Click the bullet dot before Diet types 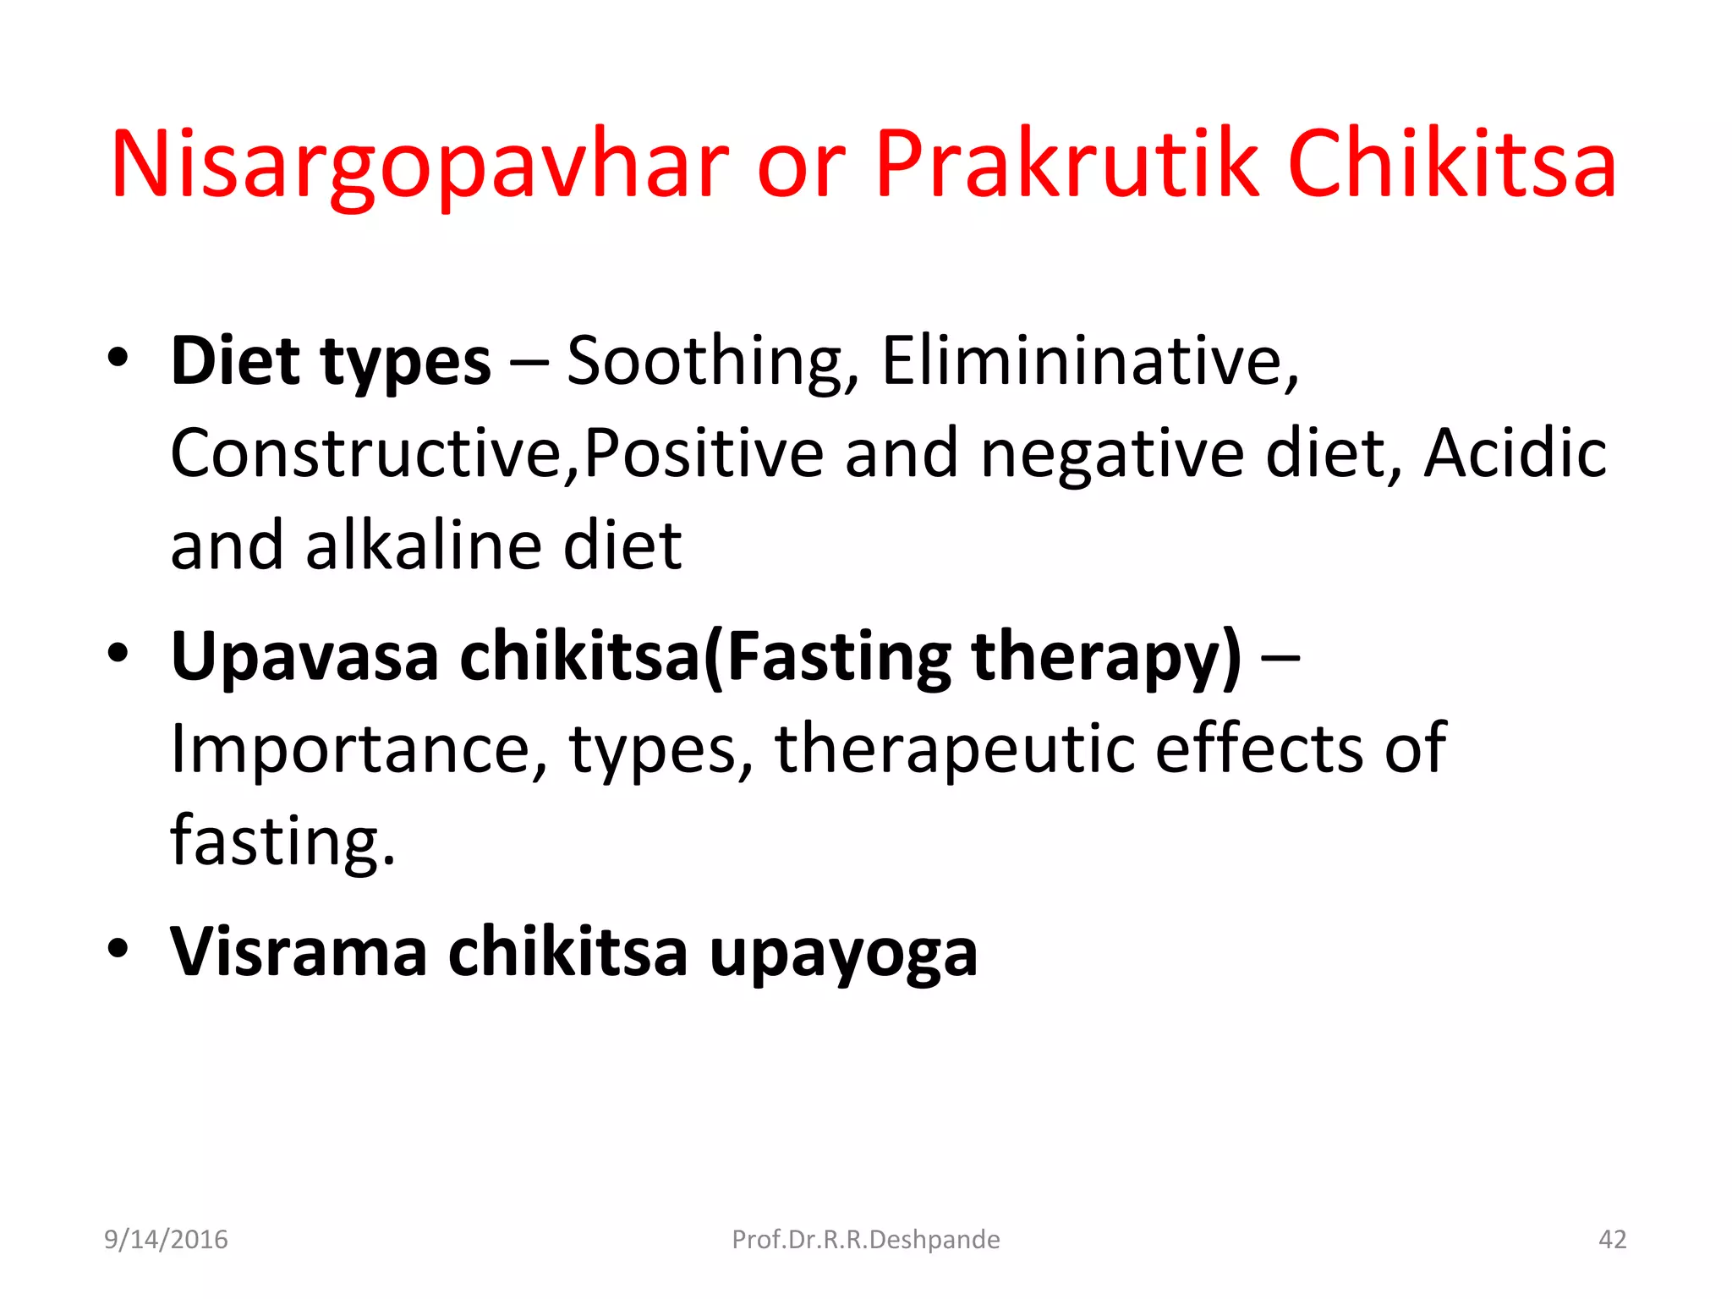(x=118, y=357)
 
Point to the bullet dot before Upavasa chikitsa (x=118, y=653)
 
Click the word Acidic (x=1515, y=454)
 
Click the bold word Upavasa (x=304, y=657)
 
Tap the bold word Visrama (x=299, y=952)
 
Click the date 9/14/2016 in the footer (x=166, y=1240)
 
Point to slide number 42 (x=1612, y=1240)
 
